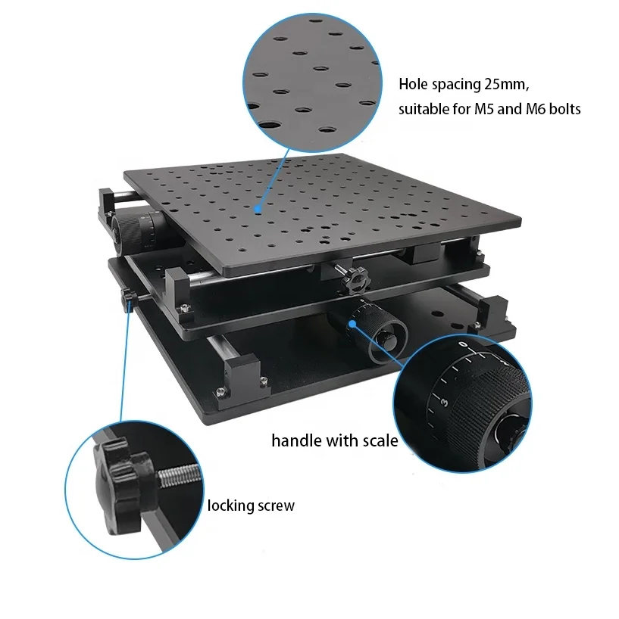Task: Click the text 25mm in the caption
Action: coord(496,83)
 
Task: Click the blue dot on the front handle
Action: coord(353,324)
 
